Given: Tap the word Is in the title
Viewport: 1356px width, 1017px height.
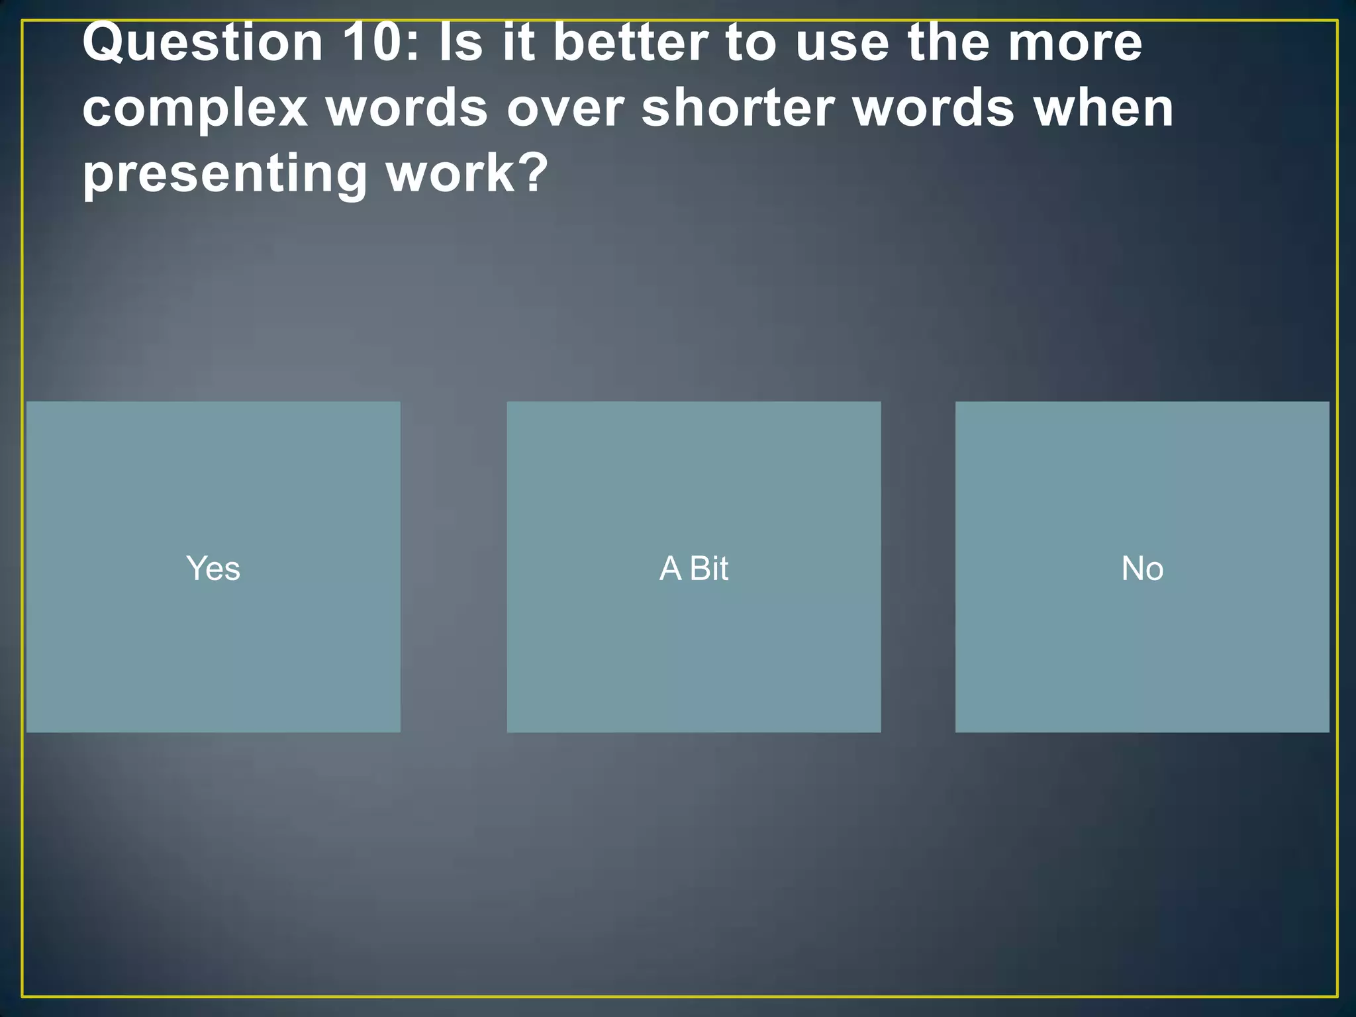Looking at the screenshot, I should tap(460, 44).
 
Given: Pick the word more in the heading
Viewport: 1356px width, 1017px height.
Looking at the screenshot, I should tap(1075, 44).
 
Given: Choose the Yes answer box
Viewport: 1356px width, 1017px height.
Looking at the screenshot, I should tap(213, 567).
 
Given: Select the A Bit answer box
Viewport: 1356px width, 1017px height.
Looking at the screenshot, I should tap(693, 567).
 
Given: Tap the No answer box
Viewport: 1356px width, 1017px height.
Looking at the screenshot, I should tap(1141, 567).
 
